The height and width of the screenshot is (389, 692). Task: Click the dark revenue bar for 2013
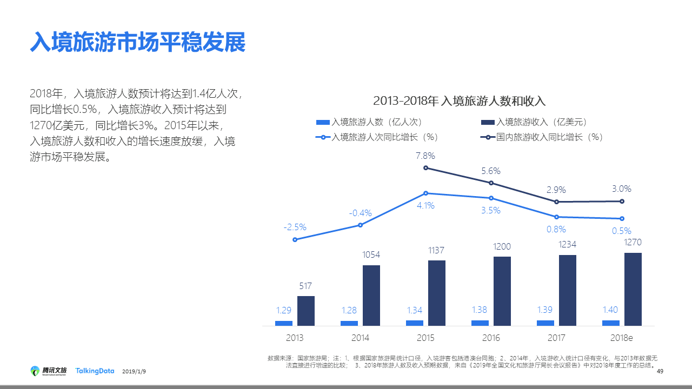(306, 311)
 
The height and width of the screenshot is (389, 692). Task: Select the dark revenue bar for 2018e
(633, 289)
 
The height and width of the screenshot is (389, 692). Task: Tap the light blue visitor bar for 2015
(415, 323)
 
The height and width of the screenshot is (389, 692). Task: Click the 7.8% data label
(425, 156)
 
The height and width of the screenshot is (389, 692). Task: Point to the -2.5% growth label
(295, 227)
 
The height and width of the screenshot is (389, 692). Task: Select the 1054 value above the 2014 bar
(371, 254)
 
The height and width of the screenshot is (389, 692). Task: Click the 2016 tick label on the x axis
(491, 338)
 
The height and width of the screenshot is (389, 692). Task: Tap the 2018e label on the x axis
(621, 338)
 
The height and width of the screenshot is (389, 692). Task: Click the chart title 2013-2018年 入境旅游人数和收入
(459, 101)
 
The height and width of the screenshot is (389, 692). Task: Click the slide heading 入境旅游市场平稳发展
(138, 42)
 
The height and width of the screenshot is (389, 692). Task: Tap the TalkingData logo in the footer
(95, 371)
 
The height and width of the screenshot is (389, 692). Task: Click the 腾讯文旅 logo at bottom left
(49, 371)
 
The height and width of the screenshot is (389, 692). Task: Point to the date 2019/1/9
(134, 372)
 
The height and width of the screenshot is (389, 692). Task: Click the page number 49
(660, 371)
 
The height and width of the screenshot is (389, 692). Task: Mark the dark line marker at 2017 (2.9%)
(556, 202)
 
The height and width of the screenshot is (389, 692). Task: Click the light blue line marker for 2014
(360, 225)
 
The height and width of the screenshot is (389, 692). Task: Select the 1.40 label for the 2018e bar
(611, 310)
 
